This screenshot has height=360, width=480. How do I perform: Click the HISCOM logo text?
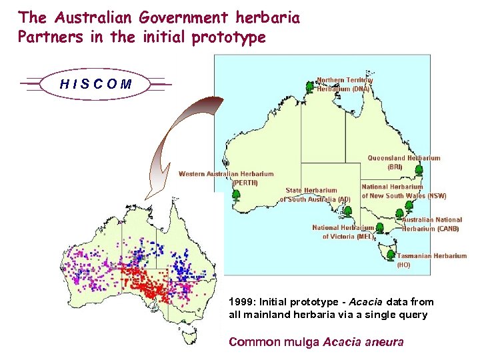pyautogui.click(x=95, y=85)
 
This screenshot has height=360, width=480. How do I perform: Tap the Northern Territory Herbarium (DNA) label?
pyautogui.click(x=344, y=84)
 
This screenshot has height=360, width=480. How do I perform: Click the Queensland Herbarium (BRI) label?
pyautogui.click(x=404, y=162)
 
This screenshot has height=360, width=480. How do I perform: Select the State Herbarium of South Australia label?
pyautogui.click(x=315, y=195)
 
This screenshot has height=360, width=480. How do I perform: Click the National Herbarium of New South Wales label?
pyautogui.click(x=403, y=191)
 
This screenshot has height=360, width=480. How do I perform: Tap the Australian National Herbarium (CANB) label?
pyautogui.click(x=431, y=224)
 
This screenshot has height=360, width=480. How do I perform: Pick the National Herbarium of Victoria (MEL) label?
pyautogui.click(x=343, y=232)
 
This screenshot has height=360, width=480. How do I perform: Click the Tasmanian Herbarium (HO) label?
pyautogui.click(x=431, y=260)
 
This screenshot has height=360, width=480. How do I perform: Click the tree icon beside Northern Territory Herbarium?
pyautogui.click(x=309, y=87)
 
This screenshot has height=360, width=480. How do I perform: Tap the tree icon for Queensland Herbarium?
pyautogui.click(x=419, y=170)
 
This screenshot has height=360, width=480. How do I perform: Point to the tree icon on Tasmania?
pyautogui.click(x=390, y=254)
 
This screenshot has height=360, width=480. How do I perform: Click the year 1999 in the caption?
pyautogui.click(x=239, y=302)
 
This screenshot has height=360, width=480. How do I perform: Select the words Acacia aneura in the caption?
pyautogui.click(x=363, y=342)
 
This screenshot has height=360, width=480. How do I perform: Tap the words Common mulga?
pyautogui.click(x=274, y=342)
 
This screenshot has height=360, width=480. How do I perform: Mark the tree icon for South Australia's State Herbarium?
pyautogui.click(x=347, y=211)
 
